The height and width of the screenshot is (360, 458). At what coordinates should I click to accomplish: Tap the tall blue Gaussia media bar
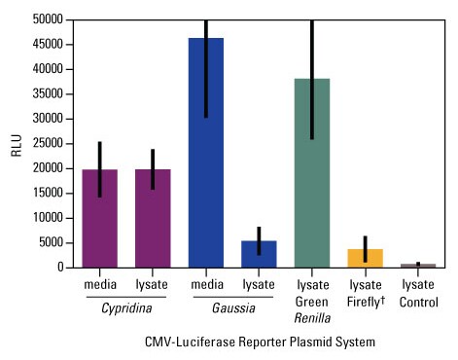[x=205, y=156]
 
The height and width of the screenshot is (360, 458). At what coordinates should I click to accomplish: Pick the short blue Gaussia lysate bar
[x=258, y=254]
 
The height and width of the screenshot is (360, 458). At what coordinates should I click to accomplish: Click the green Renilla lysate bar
[x=311, y=175]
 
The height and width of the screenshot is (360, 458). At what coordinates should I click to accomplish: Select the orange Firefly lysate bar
[x=365, y=259]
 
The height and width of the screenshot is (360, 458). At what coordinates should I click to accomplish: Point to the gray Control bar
[x=417, y=265]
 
